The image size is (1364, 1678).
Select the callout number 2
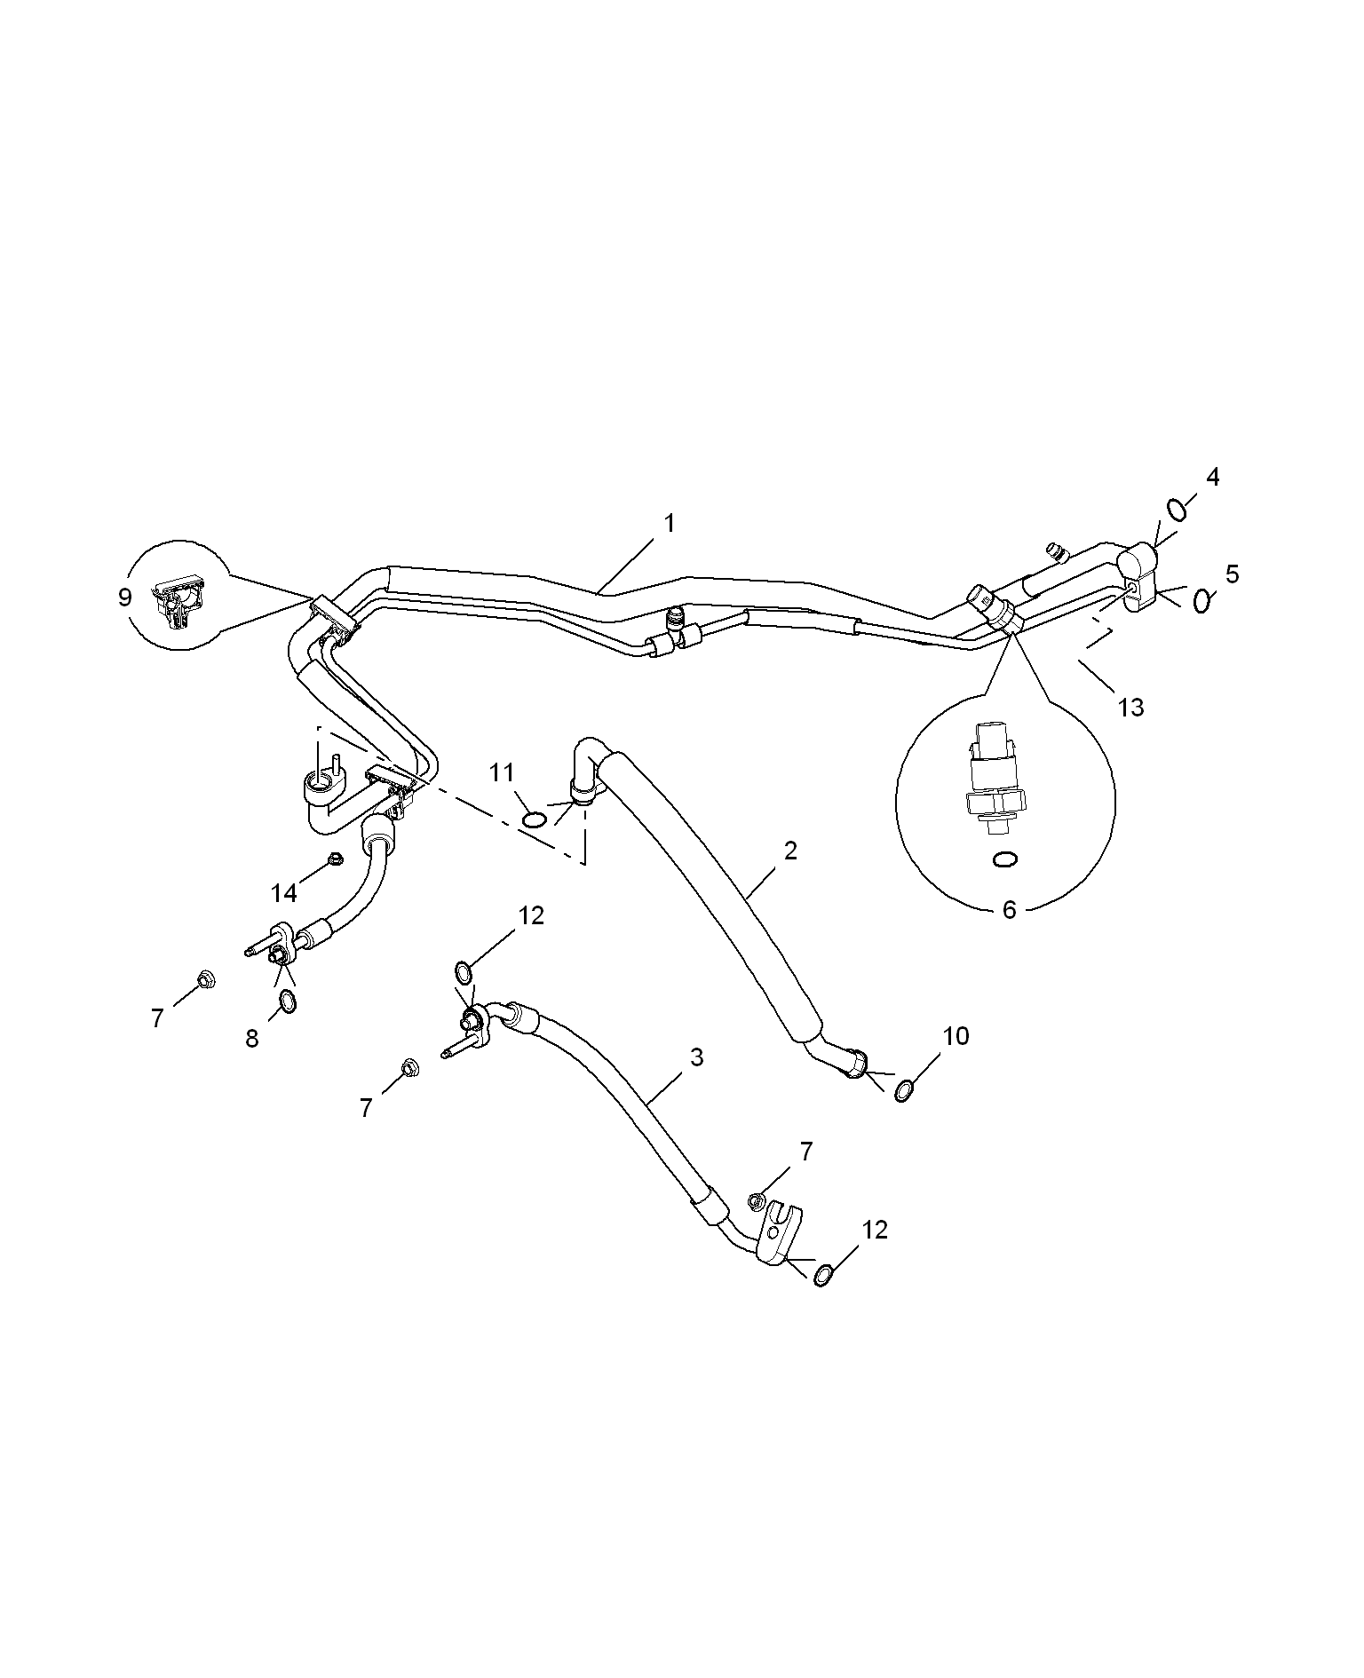point(790,851)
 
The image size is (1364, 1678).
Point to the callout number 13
point(1131,708)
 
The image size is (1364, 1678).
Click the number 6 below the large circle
point(1009,910)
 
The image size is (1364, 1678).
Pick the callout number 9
point(124,597)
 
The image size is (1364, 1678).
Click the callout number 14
point(284,890)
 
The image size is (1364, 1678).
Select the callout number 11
point(503,773)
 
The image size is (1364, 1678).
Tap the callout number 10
point(956,1035)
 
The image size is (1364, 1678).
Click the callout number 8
point(252,1038)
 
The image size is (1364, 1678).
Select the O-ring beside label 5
point(1202,601)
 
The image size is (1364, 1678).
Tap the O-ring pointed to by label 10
point(903,1090)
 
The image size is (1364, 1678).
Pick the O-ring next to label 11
point(534,819)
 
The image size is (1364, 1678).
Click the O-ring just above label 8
point(288,1002)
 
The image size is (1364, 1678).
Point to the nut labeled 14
point(334,858)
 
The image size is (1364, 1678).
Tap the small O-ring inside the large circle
point(1005,859)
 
